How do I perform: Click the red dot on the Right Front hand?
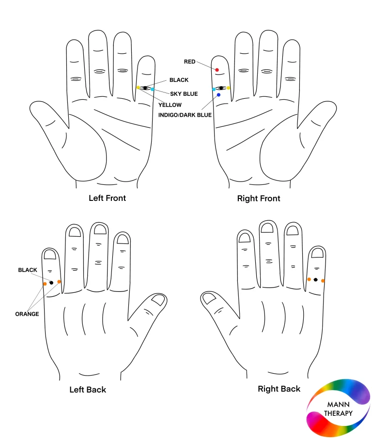coord(217,70)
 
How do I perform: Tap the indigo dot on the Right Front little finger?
coord(219,95)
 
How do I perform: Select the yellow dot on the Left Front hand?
coord(138,88)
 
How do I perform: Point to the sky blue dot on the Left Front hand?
coord(152,89)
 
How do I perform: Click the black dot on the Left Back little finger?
coord(51,283)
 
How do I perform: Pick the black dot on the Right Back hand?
coord(315,279)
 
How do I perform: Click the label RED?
coord(189,61)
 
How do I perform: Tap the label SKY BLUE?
coord(184,94)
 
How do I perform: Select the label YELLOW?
coord(170,105)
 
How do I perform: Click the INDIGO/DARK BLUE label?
coord(185,115)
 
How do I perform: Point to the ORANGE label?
coord(27,314)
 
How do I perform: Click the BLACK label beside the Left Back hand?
coord(28,270)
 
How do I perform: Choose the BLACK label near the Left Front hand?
coord(179,80)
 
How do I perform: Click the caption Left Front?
coord(107,198)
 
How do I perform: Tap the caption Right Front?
coord(259,198)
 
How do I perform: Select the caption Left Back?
coord(88,390)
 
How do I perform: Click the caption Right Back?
coord(279,389)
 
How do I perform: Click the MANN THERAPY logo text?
coord(338,409)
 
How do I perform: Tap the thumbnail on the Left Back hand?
coord(158,300)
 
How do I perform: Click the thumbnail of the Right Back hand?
coord(209,298)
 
